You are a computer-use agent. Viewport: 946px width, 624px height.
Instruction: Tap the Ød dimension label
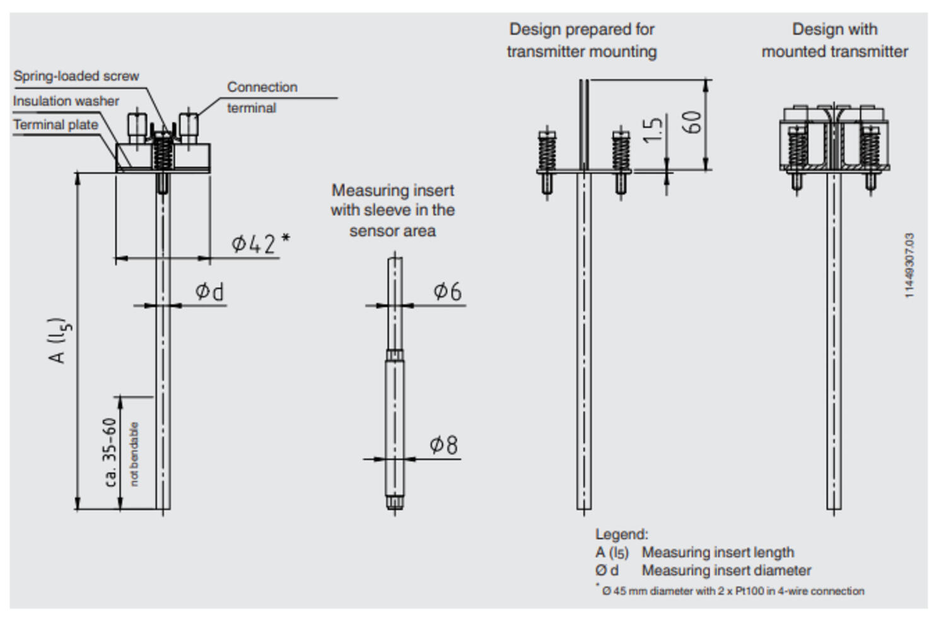(x=209, y=291)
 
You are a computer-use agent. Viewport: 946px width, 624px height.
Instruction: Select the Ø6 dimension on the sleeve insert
(x=447, y=291)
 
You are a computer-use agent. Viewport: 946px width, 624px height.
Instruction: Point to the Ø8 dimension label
(x=444, y=445)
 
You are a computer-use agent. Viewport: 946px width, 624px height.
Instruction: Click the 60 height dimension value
(x=692, y=122)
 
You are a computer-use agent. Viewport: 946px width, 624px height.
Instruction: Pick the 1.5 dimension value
(x=654, y=129)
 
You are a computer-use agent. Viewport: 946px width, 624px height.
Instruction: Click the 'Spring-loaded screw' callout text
(x=76, y=76)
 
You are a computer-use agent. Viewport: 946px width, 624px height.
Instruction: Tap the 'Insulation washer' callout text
(x=66, y=101)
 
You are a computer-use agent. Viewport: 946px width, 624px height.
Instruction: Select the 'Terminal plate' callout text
(x=55, y=125)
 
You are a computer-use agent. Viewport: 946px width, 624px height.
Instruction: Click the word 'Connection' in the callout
(x=262, y=87)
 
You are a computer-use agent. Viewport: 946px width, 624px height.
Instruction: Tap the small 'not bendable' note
(x=134, y=454)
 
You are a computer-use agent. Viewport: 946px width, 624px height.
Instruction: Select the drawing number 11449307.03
(x=909, y=266)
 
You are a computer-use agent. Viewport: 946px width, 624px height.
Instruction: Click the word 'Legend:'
(x=621, y=534)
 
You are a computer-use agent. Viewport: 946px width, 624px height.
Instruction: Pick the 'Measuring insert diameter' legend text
(x=726, y=570)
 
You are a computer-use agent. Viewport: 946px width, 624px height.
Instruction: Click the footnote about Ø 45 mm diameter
(x=732, y=591)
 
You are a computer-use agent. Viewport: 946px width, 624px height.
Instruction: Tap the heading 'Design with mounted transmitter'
(x=834, y=40)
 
